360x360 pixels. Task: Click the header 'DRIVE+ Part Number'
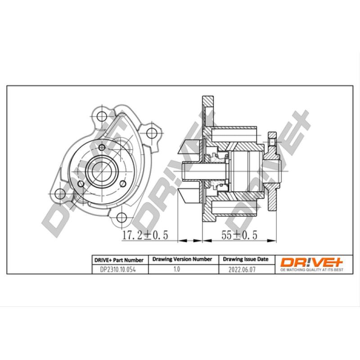tap(119, 260)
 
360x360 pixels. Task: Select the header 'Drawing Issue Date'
tap(246, 259)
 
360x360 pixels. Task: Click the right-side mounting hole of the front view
tap(152, 132)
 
